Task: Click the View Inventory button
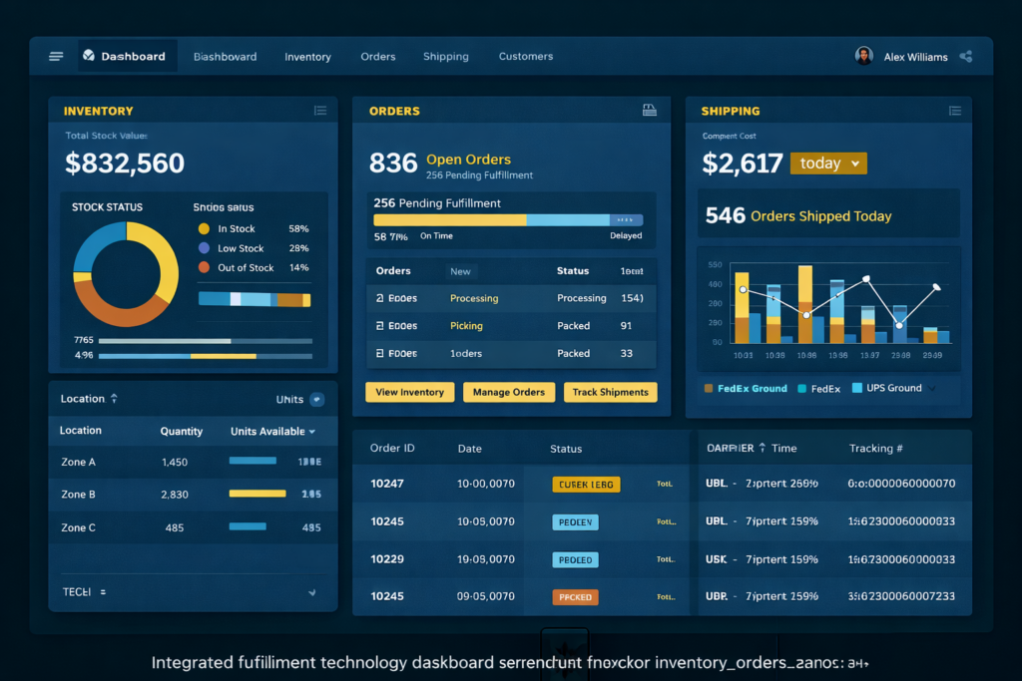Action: pos(409,393)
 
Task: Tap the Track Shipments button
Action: pos(610,393)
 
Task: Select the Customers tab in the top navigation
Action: pos(525,57)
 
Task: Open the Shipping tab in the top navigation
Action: pos(445,57)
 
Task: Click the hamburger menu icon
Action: pos(56,57)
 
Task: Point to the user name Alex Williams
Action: pos(915,57)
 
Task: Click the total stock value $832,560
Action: pos(125,164)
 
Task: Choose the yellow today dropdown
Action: pos(828,164)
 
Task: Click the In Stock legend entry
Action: pos(237,229)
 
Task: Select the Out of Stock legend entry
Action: pos(245,268)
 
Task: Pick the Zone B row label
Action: pos(79,495)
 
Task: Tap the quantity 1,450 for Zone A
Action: pos(175,463)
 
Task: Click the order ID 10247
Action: pos(387,484)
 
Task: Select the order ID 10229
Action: pos(387,559)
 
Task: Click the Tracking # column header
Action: pos(875,449)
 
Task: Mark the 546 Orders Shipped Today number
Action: pos(726,215)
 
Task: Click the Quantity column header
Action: pos(182,432)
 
